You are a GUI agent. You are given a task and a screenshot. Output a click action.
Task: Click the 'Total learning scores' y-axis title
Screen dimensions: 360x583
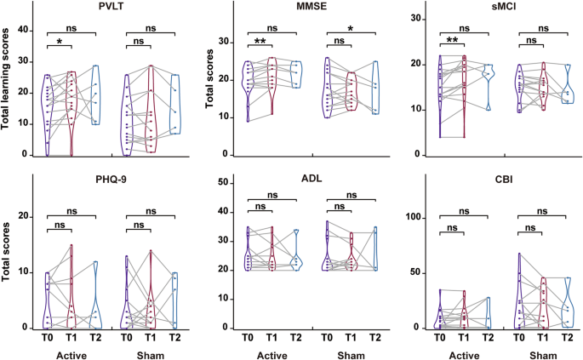tap(9, 81)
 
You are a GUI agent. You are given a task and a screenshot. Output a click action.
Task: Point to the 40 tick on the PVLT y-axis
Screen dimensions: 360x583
tap(26, 30)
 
